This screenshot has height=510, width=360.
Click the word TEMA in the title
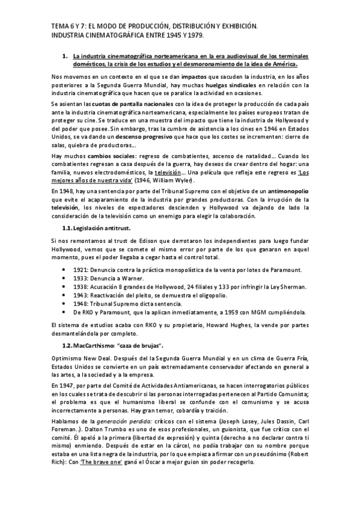coord(59,26)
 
